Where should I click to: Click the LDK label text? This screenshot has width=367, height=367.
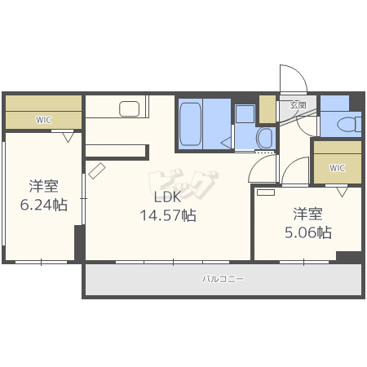(167, 197)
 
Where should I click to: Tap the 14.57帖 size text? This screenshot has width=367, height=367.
(168, 215)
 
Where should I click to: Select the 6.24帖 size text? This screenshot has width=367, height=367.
(44, 205)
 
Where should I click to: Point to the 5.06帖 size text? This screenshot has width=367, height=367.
(308, 232)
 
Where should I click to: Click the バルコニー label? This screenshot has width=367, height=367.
(223, 279)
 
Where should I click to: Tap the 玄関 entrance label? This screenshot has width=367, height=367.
(298, 105)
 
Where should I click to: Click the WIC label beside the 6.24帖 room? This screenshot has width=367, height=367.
(43, 120)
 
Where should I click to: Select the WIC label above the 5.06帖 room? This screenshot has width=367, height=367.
(337, 168)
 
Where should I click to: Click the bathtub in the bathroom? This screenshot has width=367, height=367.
(191, 124)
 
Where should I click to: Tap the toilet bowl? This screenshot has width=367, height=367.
(349, 125)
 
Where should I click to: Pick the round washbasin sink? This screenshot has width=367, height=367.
(264, 138)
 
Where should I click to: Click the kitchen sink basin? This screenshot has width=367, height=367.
(130, 108)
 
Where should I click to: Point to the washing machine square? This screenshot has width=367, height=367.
(245, 114)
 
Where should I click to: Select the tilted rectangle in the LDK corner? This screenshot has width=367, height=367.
(97, 170)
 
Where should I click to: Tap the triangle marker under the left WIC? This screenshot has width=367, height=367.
(69, 137)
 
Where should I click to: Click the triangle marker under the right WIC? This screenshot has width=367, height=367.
(342, 192)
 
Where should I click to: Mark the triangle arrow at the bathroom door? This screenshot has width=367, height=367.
(226, 143)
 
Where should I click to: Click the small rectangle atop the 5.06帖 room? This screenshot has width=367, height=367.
(266, 192)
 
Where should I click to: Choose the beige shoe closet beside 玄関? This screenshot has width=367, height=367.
(268, 109)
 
